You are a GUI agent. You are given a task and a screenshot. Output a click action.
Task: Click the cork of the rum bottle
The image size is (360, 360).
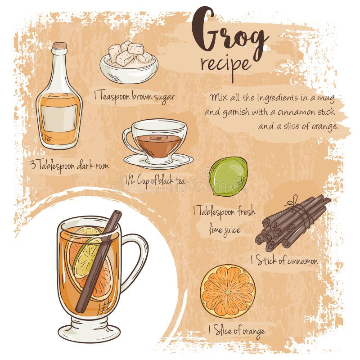click(59, 46)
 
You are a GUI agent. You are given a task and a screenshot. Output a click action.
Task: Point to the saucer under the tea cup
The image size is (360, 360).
click(158, 161)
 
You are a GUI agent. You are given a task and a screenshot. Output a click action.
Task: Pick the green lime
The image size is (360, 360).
click(228, 176)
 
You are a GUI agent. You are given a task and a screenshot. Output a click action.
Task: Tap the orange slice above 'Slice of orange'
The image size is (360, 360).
click(228, 291)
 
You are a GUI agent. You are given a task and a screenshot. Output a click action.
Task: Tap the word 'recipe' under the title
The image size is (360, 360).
click(225, 64)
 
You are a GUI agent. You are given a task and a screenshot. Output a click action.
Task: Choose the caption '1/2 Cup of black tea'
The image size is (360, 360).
click(155, 181)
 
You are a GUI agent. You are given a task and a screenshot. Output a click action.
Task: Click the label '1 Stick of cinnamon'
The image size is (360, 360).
click(284, 261)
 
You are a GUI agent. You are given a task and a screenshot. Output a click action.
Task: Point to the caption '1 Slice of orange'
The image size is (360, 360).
click(236, 331)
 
